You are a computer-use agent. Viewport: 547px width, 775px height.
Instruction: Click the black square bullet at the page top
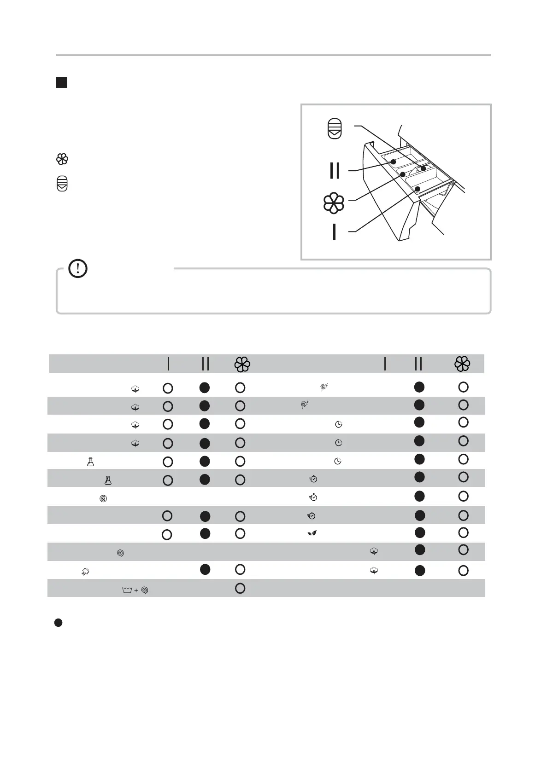click(x=61, y=83)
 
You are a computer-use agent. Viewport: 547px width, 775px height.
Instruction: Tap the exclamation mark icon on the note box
click(x=78, y=268)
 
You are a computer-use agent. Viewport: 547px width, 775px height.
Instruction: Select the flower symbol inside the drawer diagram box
click(x=334, y=203)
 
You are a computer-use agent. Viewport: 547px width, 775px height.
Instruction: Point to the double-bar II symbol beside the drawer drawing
click(x=335, y=170)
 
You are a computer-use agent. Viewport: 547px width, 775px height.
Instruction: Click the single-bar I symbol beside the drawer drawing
click(x=334, y=231)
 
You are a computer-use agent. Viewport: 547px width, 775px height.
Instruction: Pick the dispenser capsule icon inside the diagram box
click(x=335, y=128)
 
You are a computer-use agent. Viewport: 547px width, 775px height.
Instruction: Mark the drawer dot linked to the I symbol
click(x=417, y=189)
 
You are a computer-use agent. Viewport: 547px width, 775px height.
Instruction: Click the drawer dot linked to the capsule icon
click(x=423, y=168)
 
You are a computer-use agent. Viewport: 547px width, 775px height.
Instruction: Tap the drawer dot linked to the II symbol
click(x=394, y=162)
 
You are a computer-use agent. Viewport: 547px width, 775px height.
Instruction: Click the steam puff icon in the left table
click(x=85, y=572)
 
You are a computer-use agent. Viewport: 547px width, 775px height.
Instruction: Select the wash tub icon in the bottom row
click(x=127, y=590)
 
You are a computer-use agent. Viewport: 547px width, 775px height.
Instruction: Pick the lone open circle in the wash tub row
click(x=240, y=588)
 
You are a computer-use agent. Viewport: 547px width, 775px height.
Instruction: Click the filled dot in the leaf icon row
click(x=419, y=532)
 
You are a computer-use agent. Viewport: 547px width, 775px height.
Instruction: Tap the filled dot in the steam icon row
click(x=205, y=569)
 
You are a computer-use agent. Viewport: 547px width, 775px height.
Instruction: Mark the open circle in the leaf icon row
click(x=463, y=532)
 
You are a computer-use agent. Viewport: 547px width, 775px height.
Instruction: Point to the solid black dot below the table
click(x=59, y=623)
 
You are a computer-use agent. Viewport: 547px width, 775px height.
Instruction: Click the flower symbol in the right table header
click(x=462, y=364)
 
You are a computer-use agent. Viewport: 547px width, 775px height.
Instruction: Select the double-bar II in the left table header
click(x=205, y=364)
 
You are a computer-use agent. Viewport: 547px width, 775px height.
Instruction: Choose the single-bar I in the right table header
click(x=385, y=364)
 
